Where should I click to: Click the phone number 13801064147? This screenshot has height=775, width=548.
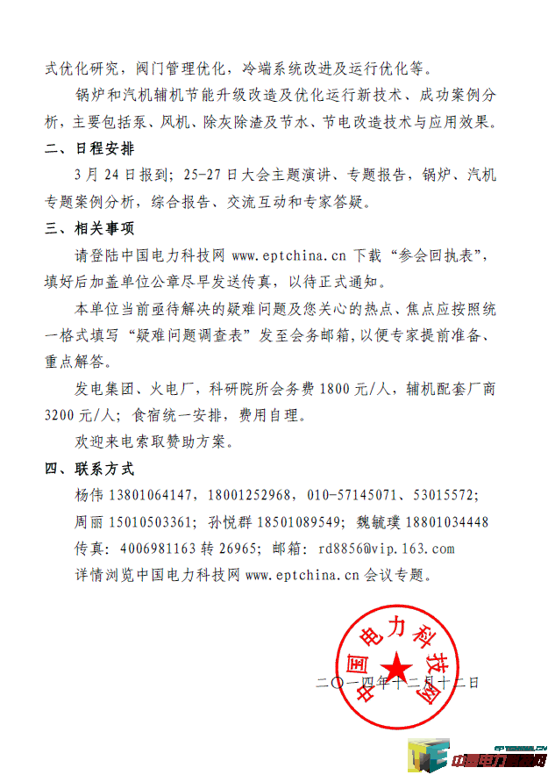tap(152, 495)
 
